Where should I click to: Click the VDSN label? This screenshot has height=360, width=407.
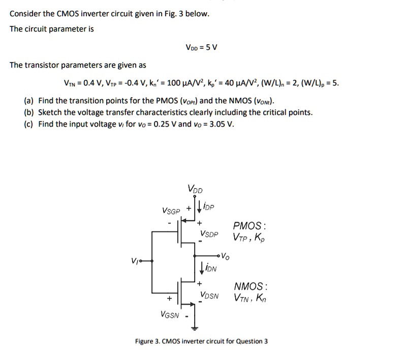pyautogui.click(x=209, y=294)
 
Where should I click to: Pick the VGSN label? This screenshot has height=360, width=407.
pyautogui.click(x=170, y=315)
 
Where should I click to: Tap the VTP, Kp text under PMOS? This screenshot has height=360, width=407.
pyautogui.click(x=249, y=237)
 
